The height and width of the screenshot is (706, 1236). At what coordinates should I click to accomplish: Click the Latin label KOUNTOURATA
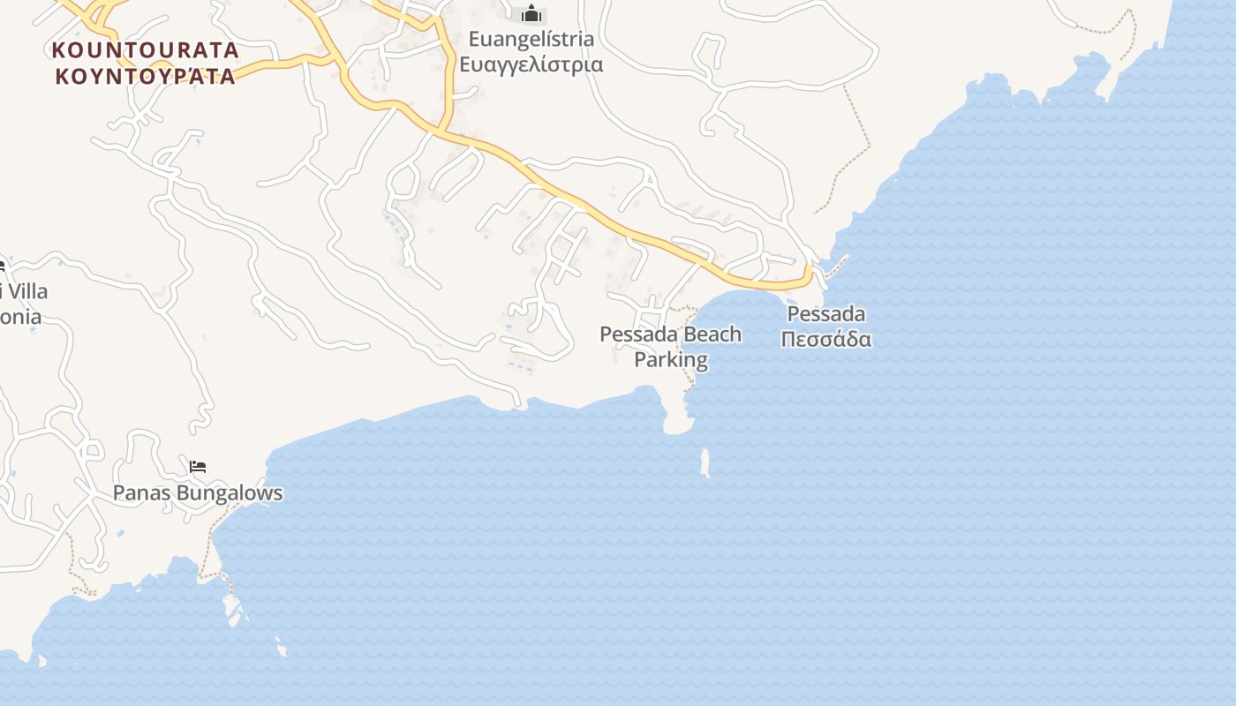point(146,49)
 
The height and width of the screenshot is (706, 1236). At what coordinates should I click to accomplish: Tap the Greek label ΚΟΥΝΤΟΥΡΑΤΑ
point(146,76)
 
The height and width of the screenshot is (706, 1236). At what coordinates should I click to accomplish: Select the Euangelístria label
point(531,40)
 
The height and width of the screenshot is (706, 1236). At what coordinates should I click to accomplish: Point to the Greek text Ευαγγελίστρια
point(531,64)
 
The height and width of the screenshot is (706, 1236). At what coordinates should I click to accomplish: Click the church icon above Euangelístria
point(531,13)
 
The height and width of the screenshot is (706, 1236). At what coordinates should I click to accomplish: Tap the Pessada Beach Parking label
point(671,347)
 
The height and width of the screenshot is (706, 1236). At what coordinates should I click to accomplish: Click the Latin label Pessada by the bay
point(825,314)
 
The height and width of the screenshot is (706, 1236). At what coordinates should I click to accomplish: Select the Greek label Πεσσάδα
point(825,339)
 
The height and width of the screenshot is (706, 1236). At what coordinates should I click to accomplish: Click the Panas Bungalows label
point(198,493)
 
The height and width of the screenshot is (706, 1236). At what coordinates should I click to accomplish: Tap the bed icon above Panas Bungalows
point(198,467)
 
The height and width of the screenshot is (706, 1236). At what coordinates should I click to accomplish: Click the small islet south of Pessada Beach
point(705,462)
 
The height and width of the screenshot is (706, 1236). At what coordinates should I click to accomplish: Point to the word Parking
point(671,360)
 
